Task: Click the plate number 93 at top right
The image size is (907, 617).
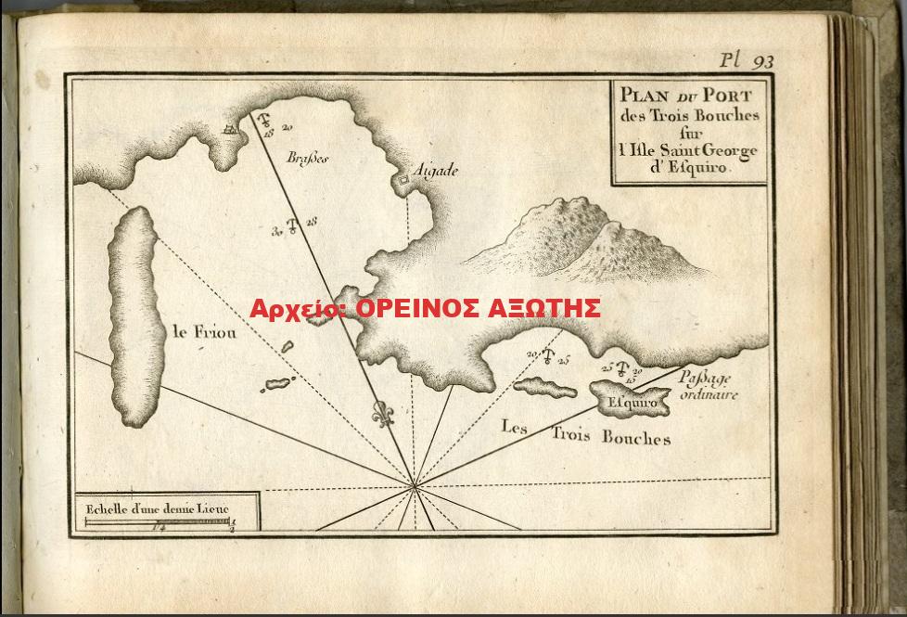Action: coord(762,62)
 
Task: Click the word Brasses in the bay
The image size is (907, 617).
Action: coord(308,158)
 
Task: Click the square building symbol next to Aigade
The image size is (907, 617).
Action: coord(405,179)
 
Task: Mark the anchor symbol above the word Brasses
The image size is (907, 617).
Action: coord(263,122)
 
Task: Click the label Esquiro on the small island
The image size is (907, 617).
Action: coord(632,404)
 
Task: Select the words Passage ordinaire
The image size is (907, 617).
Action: coord(708,385)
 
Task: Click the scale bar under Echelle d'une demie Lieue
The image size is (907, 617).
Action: coord(158,522)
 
